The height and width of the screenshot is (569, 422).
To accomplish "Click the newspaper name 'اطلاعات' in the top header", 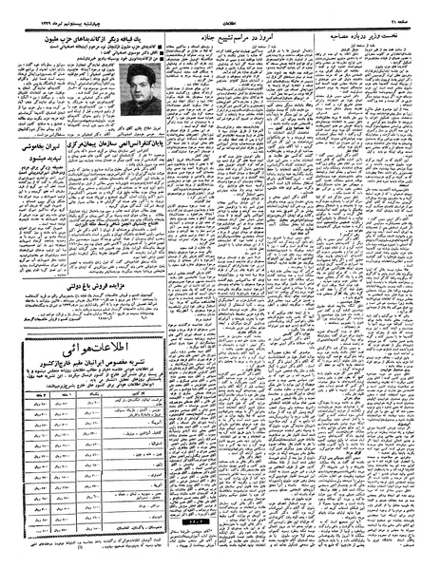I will click(210, 9).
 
